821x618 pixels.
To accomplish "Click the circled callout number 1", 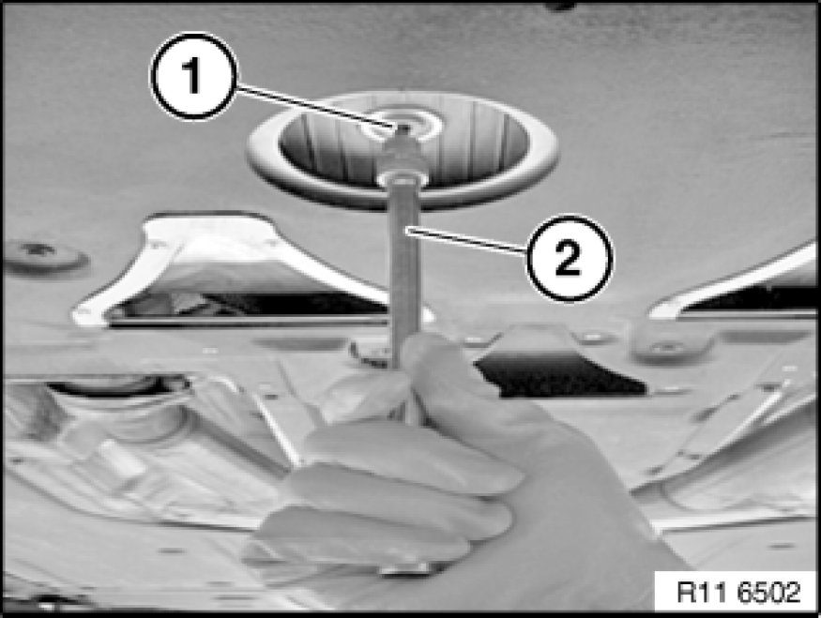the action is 193,76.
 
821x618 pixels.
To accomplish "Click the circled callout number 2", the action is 569,258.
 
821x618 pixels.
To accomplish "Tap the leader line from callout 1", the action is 314,106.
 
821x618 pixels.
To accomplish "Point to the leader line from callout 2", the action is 466,240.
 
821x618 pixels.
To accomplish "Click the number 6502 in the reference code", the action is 769,593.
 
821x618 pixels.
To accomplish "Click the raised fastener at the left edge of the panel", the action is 45,256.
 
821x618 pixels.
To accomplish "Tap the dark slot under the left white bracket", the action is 246,308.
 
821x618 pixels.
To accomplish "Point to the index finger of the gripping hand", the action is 414,460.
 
